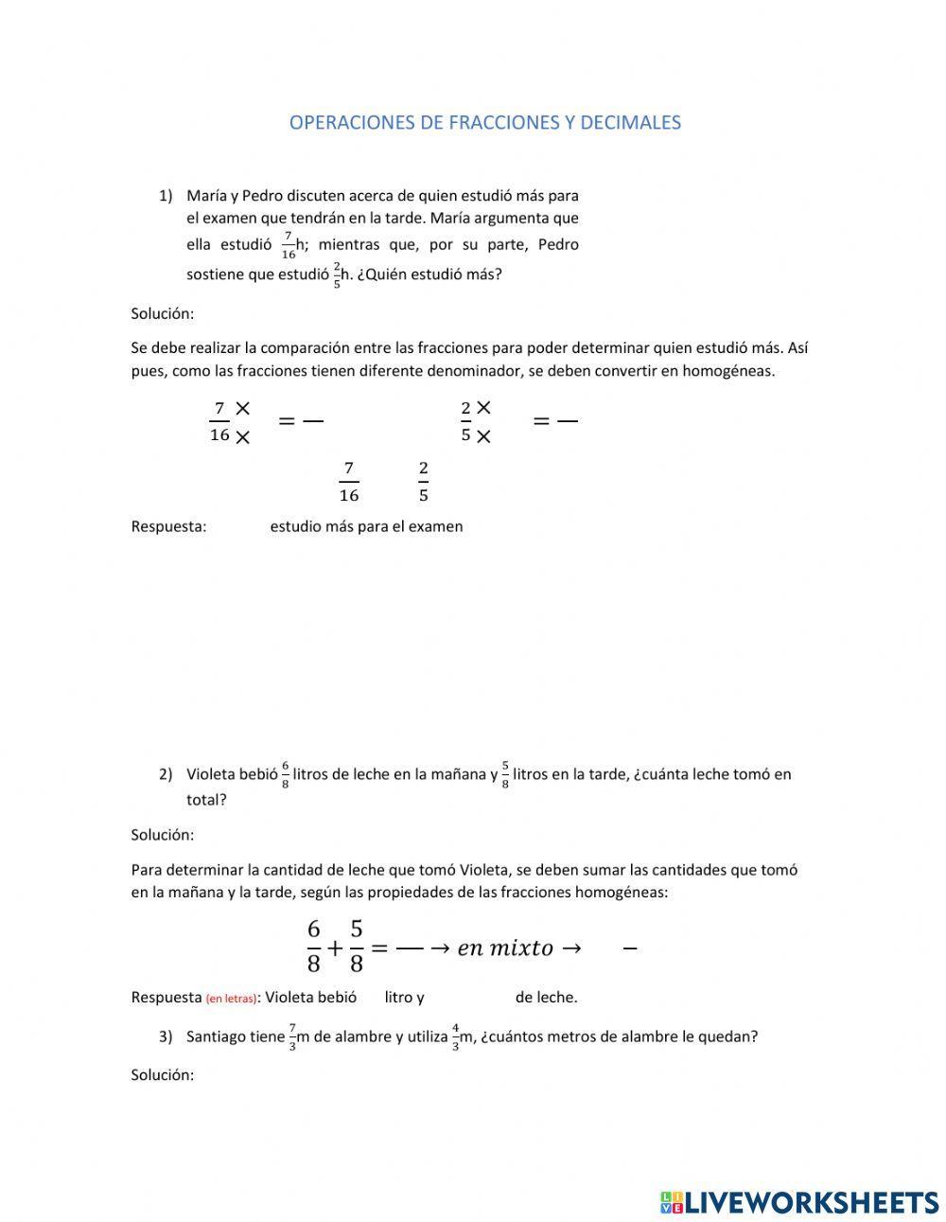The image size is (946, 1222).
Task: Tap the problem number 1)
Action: pyautogui.click(x=166, y=196)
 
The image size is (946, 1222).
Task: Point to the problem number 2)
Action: pyautogui.click(x=166, y=774)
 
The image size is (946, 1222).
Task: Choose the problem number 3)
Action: pyautogui.click(x=166, y=1036)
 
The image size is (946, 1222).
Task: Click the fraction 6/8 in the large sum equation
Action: pyautogui.click(x=314, y=947)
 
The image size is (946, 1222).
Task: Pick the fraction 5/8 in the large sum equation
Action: pyautogui.click(x=357, y=947)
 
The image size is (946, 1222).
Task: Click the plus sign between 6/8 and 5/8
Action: pyautogui.click(x=335, y=947)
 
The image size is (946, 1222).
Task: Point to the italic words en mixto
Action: pyautogui.click(x=505, y=948)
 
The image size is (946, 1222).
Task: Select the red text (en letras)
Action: pyautogui.click(x=231, y=998)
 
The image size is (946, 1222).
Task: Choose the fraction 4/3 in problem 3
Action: pyautogui.click(x=455, y=1037)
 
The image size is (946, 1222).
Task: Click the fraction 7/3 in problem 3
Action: pyautogui.click(x=293, y=1037)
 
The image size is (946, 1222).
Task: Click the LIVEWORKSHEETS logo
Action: pyautogui.click(x=799, y=1202)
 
